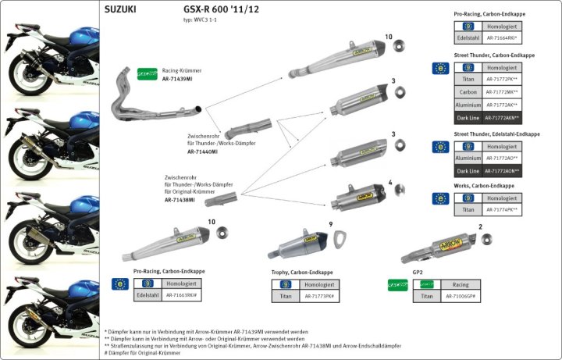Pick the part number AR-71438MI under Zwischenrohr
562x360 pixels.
point(184,200)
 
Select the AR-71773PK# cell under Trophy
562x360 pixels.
point(319,297)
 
